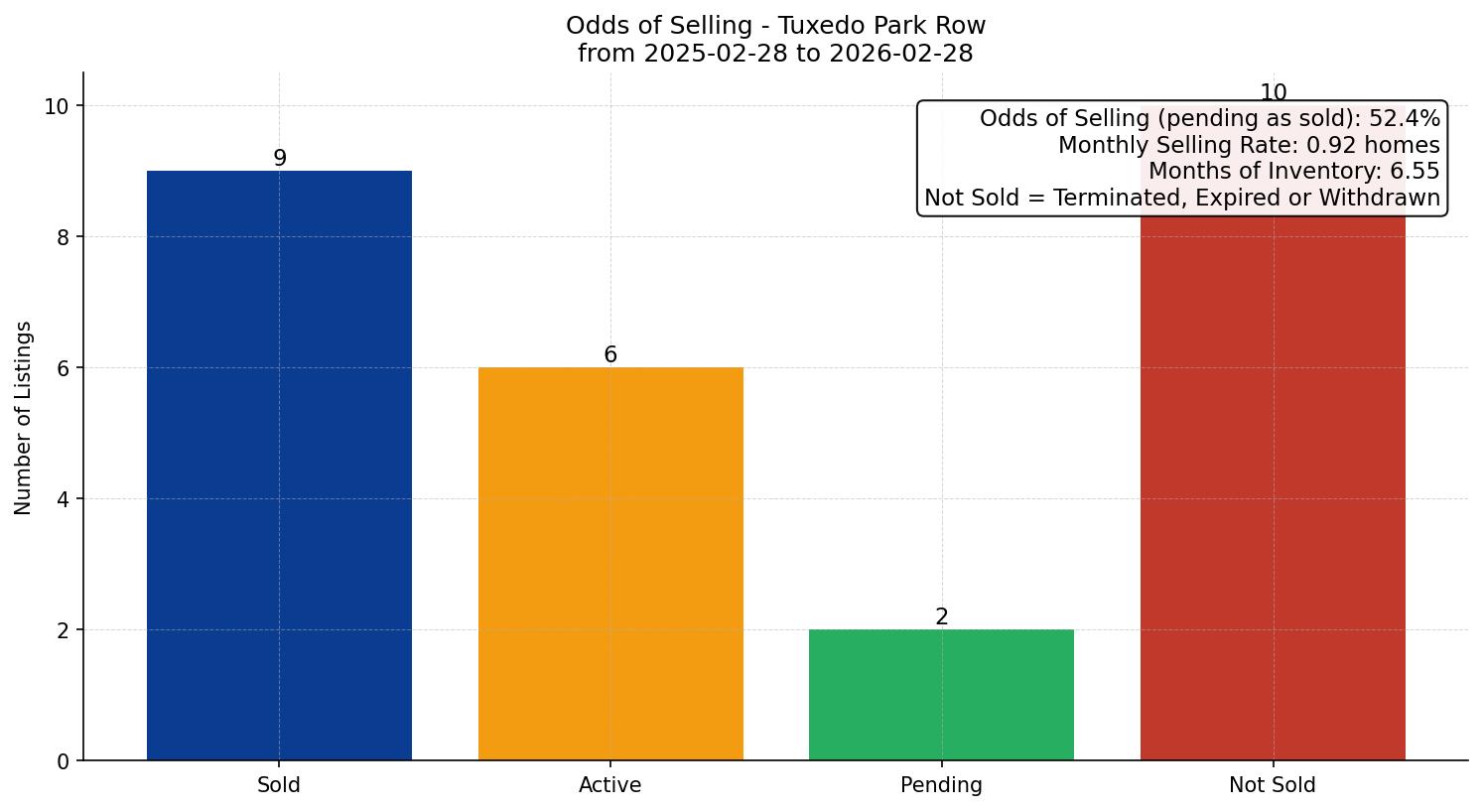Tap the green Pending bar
[x=941, y=694]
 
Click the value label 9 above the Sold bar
[x=280, y=159]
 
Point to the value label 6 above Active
[x=610, y=355]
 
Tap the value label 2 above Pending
[x=942, y=617]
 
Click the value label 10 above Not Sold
[x=1273, y=93]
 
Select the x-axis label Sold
[x=279, y=785]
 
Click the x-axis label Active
[x=610, y=785]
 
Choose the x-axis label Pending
[x=941, y=785]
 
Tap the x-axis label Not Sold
[x=1273, y=785]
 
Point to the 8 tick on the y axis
[x=63, y=237]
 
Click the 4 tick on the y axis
[x=63, y=499]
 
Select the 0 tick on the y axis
[x=63, y=761]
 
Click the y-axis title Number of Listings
[x=24, y=417]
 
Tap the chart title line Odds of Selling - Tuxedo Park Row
[x=775, y=26]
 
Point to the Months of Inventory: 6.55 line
[x=1293, y=172]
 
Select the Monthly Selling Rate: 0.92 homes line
[x=1249, y=146]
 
